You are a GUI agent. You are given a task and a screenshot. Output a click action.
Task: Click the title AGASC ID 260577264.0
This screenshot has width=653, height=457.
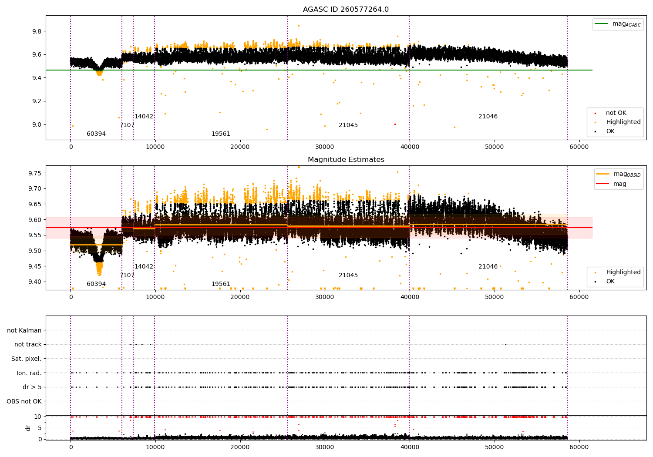click(346, 10)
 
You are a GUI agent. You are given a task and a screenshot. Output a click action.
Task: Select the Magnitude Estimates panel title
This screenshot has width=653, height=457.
click(346, 160)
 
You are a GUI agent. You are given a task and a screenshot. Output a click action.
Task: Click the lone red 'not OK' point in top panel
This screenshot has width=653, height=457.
click(395, 124)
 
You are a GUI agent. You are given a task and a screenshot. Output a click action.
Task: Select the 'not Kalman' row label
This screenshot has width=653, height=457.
click(24, 331)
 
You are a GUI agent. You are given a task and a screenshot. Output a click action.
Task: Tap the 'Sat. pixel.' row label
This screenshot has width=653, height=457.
click(27, 359)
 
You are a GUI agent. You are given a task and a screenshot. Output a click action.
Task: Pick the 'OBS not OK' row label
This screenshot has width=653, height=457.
click(24, 401)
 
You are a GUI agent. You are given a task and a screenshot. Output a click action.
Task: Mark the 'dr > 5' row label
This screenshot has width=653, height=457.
click(32, 387)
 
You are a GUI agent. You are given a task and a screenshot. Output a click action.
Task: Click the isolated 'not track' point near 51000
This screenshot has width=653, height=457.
click(505, 344)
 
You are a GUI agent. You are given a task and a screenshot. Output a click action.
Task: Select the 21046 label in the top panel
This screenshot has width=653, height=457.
click(488, 117)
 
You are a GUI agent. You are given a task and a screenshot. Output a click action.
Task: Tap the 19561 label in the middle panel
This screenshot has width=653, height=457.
click(221, 284)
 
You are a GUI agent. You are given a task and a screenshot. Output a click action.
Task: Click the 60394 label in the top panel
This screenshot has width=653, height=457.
click(96, 134)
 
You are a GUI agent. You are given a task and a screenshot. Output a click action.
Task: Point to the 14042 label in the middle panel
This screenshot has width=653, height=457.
click(144, 267)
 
